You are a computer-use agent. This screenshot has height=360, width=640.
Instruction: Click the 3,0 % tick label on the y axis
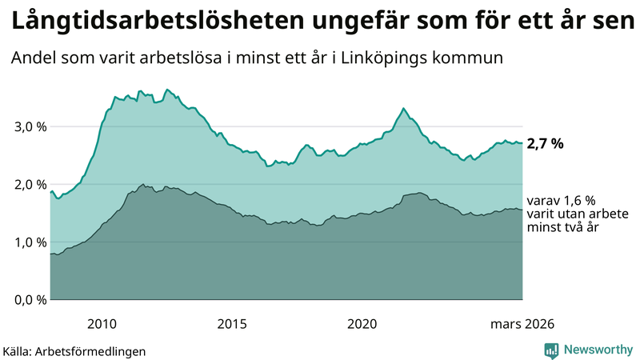pyautogui.click(x=30, y=126)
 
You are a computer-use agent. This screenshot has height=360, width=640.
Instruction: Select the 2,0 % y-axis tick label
pyautogui.click(x=30, y=184)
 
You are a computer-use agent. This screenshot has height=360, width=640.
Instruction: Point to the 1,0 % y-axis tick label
pyautogui.click(x=30, y=242)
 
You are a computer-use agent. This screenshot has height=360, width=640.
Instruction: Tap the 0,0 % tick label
pyautogui.click(x=30, y=299)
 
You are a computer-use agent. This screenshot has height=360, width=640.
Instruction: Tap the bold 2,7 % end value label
pyautogui.click(x=545, y=144)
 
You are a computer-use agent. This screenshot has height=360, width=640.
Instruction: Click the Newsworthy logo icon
pyautogui.click(x=551, y=350)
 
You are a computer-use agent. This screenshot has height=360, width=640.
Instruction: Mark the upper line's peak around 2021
pyautogui.click(x=403, y=108)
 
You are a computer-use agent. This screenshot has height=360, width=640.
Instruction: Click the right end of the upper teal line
pyautogui.click(x=522, y=143)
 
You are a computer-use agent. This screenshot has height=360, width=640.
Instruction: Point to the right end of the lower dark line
pyautogui.click(x=522, y=210)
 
